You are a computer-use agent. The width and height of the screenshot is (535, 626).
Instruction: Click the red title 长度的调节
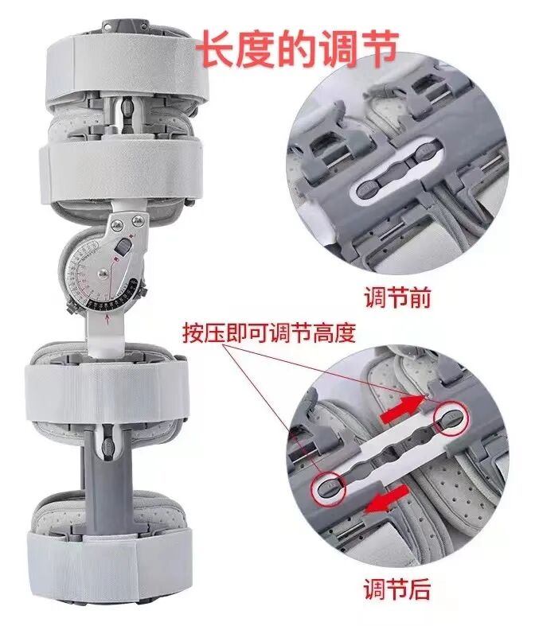click(296, 49)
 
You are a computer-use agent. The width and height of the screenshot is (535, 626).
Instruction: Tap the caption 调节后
click(396, 589)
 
